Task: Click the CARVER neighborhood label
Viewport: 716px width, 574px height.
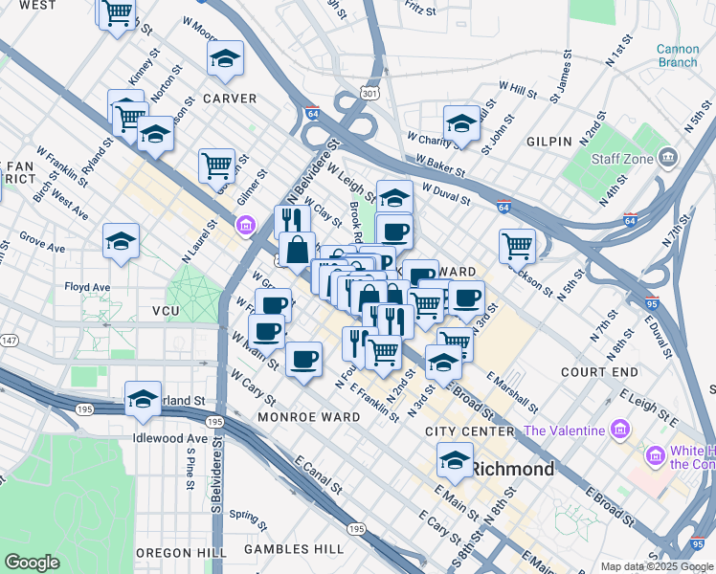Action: [x=229, y=99]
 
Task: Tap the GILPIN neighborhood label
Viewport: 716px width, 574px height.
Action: [x=549, y=141]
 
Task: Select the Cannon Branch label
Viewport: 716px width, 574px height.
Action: [x=677, y=55]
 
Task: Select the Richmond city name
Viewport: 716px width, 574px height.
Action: [x=512, y=469]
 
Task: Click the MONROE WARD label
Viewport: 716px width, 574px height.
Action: [x=298, y=418]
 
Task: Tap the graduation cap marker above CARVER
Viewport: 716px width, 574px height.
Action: [x=225, y=59]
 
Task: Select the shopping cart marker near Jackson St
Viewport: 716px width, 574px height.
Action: [x=517, y=246]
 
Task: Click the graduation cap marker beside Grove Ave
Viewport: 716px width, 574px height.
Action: [x=121, y=242]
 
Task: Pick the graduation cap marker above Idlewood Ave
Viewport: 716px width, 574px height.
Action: [x=143, y=399]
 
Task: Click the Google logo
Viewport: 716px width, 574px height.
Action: [x=32, y=563]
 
